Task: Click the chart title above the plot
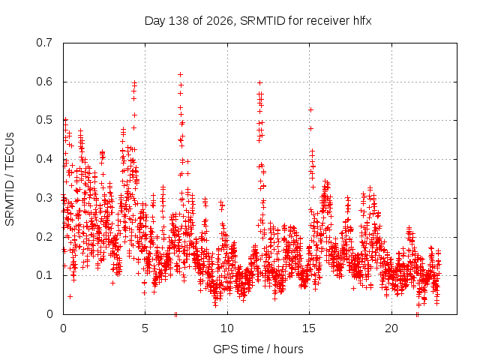click(258, 21)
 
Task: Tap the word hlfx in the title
click(362, 21)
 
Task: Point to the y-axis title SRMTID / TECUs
click(10, 179)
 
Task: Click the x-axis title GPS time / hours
click(258, 349)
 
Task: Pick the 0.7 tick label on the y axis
click(44, 43)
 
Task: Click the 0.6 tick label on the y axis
click(44, 82)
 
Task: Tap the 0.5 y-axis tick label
click(44, 120)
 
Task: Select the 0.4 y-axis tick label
click(44, 159)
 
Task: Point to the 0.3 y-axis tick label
click(44, 198)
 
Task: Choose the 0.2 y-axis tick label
click(44, 237)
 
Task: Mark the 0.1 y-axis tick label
click(44, 275)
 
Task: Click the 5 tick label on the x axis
click(145, 328)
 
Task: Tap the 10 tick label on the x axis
click(227, 328)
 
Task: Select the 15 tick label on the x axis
click(309, 328)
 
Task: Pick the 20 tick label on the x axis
click(391, 328)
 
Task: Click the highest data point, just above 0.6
click(180, 75)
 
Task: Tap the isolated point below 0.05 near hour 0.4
click(70, 297)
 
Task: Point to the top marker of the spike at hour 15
click(310, 110)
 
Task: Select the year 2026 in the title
click(220, 21)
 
